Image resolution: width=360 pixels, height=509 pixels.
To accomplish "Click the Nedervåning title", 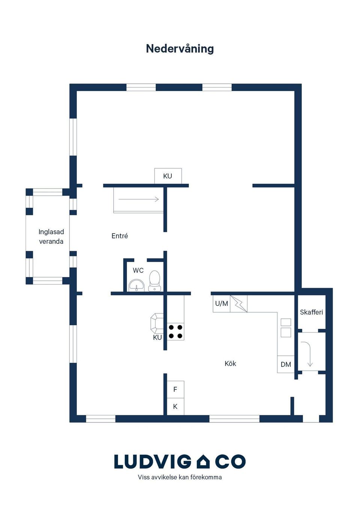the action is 180,49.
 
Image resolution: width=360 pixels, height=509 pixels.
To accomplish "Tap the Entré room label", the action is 120,236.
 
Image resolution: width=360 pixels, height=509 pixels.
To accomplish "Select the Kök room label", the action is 230,364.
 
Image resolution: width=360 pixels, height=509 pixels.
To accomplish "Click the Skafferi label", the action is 311,312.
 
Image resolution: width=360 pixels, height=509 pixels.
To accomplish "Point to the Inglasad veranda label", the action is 51,237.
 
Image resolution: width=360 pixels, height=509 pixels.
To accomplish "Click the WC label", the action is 138,270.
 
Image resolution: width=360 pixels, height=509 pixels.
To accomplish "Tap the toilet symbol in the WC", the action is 155,281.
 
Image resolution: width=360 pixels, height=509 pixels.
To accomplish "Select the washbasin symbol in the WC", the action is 136,285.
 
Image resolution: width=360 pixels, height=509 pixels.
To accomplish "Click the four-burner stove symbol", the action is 175,332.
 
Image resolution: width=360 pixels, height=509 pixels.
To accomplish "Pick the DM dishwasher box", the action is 286,364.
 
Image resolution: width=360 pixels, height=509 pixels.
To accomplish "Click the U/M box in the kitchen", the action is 222,304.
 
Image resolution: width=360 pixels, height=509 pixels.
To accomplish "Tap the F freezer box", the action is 175,389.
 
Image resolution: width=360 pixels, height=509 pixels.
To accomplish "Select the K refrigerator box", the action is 175,407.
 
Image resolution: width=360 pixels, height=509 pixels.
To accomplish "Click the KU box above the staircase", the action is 168,176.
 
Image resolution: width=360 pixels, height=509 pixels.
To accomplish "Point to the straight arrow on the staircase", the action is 138,199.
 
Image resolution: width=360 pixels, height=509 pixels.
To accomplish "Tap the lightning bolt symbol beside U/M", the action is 239,304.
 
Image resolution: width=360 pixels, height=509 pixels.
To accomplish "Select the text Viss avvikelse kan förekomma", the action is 180,477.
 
